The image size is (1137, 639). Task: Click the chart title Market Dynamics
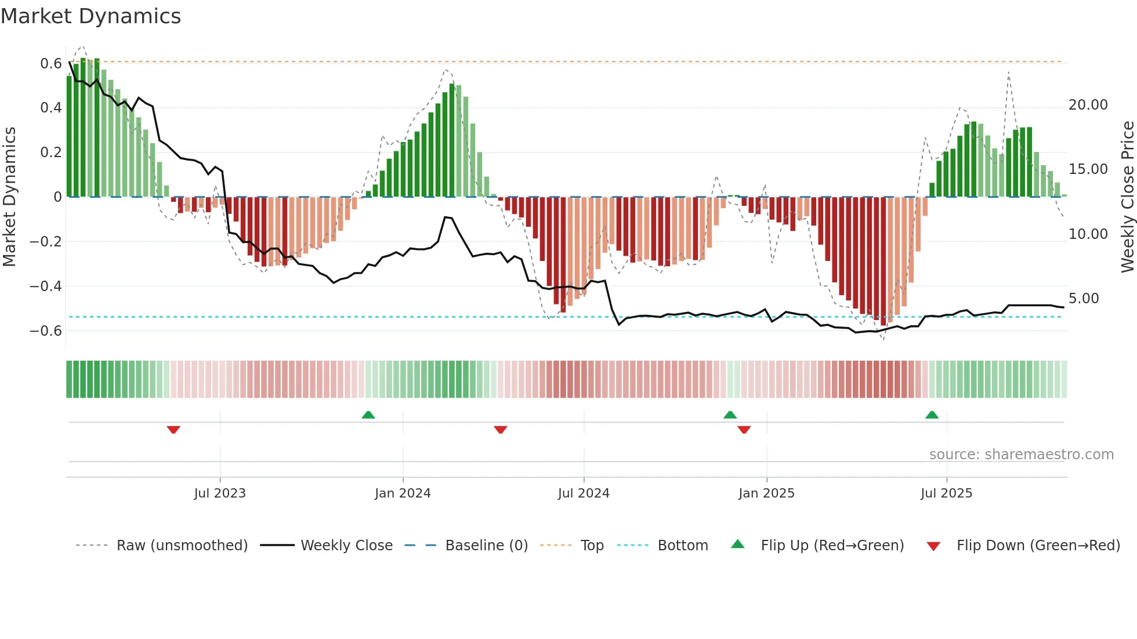point(91,16)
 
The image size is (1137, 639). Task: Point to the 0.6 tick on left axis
point(51,63)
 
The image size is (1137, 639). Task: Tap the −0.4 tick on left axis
point(46,286)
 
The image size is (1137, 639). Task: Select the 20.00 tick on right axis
point(1088,105)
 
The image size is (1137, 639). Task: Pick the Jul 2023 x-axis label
point(220,493)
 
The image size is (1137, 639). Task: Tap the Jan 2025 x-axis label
point(766,493)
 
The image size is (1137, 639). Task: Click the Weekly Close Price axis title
point(1127,197)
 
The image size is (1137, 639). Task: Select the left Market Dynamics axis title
point(9,197)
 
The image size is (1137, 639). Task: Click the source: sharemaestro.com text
point(1021,455)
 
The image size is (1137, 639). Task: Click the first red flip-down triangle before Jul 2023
point(173,430)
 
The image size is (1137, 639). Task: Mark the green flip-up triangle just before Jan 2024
point(368,415)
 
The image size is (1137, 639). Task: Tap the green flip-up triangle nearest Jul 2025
point(932,415)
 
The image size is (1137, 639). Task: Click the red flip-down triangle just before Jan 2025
point(744,430)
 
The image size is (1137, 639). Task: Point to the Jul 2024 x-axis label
point(584,493)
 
